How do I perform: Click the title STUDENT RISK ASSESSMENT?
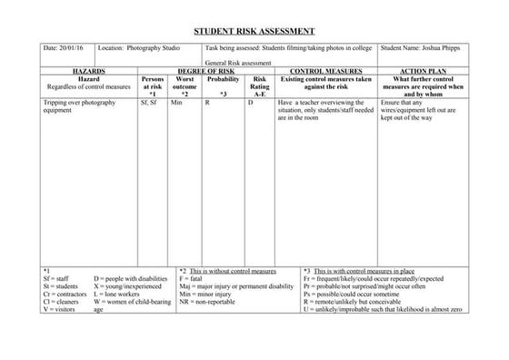point(254,31)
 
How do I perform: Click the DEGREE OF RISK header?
point(205,70)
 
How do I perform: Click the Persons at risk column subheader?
point(153,86)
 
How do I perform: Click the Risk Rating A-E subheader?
point(260,86)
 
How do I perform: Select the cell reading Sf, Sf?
point(149,104)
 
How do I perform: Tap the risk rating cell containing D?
point(251,104)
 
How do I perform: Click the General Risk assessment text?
point(238,63)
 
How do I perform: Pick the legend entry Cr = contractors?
point(64,295)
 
